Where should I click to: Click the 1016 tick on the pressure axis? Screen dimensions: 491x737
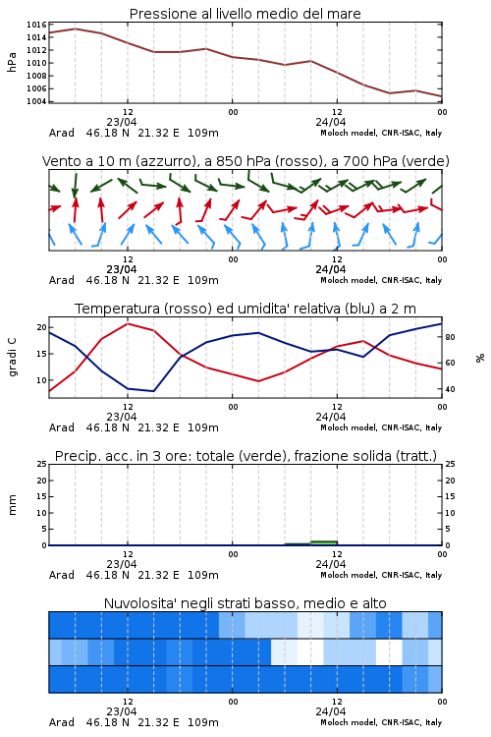pyautogui.click(x=36, y=25)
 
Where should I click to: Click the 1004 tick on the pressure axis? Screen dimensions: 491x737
pyautogui.click(x=36, y=101)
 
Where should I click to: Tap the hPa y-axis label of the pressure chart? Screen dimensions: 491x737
pyautogui.click(x=12, y=62)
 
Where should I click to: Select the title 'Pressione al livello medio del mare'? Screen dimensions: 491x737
pyautogui.click(x=245, y=14)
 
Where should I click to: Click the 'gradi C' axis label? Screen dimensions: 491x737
pyautogui.click(x=12, y=357)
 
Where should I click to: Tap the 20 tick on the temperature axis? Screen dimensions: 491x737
pyautogui.click(x=42, y=327)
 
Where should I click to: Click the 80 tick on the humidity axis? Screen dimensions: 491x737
pyautogui.click(x=450, y=337)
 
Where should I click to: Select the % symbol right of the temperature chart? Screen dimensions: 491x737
pyautogui.click(x=480, y=358)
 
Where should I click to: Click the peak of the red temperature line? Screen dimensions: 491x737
pyautogui.click(x=128, y=323)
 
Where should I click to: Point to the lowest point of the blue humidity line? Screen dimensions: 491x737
pyautogui.click(x=153, y=391)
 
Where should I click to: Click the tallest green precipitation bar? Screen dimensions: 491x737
pyautogui.click(x=324, y=542)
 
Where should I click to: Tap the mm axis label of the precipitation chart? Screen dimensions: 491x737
pyautogui.click(x=12, y=504)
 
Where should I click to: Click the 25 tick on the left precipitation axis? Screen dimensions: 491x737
pyautogui.click(x=42, y=464)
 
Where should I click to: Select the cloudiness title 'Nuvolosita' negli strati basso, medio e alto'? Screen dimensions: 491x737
pyautogui.click(x=245, y=603)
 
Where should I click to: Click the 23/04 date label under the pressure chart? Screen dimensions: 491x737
pyautogui.click(x=122, y=122)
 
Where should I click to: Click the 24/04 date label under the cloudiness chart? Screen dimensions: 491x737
pyautogui.click(x=331, y=711)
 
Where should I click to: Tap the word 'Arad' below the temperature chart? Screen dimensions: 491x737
pyautogui.click(x=62, y=427)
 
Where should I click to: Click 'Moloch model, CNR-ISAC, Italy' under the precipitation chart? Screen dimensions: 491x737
pyautogui.click(x=381, y=575)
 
